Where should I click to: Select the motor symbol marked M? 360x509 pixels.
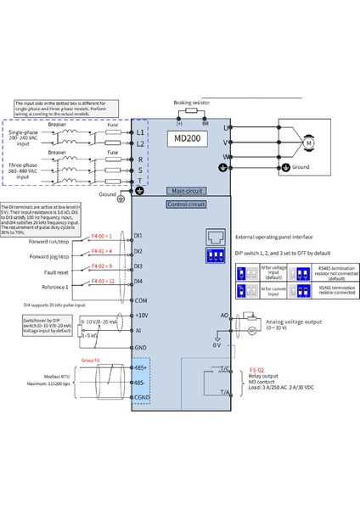(x=286, y=142)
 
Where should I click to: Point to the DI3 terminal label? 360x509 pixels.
(x=138, y=266)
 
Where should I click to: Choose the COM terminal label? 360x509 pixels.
(x=140, y=300)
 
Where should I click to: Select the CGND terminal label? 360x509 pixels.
(x=141, y=396)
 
